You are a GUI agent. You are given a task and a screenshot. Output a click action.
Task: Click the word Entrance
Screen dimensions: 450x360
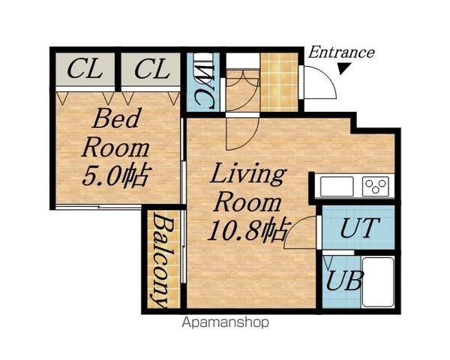(341, 52)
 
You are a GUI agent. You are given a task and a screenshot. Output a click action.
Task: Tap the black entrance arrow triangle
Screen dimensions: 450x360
(343, 68)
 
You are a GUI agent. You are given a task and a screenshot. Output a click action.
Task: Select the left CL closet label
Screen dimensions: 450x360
(85, 68)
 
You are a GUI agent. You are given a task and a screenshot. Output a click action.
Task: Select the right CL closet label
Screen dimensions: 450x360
(151, 68)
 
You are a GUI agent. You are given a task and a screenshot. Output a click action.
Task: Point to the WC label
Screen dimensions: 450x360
(204, 86)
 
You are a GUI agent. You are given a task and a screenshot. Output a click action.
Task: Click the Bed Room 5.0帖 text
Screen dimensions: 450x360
(115, 147)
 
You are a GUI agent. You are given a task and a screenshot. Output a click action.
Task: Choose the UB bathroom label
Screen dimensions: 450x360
(345, 280)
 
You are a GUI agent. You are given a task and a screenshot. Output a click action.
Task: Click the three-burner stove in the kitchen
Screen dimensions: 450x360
(376, 186)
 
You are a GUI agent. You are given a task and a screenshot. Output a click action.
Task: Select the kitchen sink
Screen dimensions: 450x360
(337, 186)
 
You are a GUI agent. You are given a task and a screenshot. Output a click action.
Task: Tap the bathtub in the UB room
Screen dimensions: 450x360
(378, 282)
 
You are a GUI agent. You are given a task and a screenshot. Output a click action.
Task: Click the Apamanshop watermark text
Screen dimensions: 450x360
(226, 322)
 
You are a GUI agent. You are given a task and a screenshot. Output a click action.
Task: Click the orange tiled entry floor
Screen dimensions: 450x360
(279, 82)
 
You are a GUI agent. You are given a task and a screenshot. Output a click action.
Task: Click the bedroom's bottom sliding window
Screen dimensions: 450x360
(98, 207)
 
